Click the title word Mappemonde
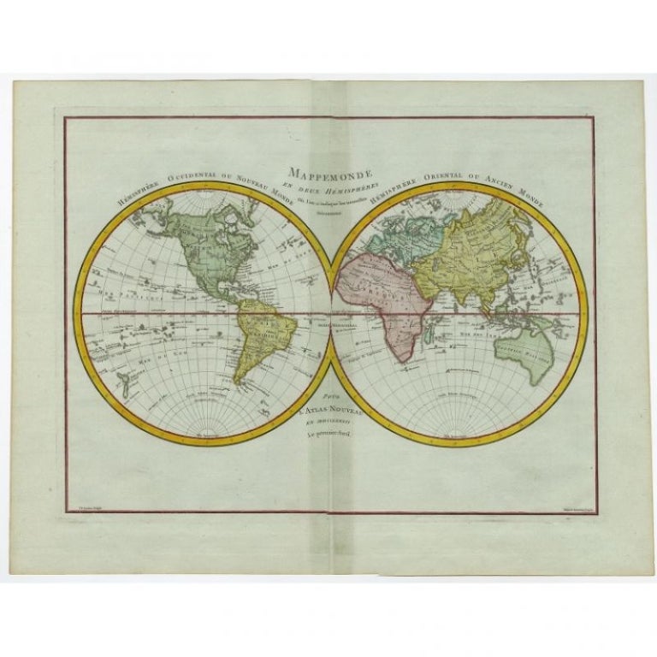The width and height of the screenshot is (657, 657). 328,171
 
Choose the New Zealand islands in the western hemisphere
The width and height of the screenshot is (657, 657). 127,384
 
